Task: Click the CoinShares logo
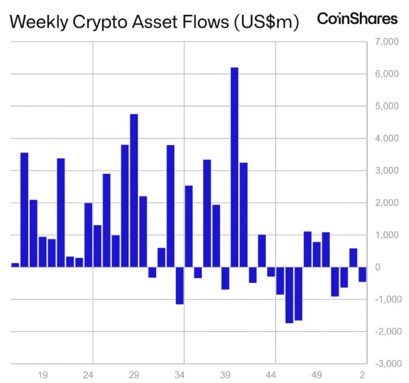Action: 357,19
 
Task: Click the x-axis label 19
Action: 42,375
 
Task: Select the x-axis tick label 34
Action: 180,375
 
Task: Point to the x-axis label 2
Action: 363,375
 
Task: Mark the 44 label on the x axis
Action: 271,375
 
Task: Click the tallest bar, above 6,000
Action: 234,167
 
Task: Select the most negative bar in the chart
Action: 289,294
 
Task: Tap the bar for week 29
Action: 134,190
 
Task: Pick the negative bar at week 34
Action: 180,285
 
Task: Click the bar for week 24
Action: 88,234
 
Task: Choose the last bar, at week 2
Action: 363,274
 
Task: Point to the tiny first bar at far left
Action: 15,264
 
